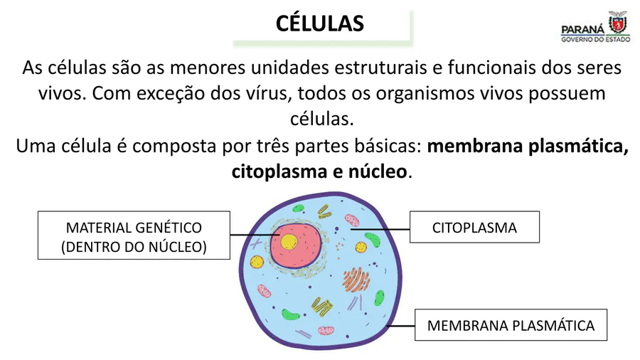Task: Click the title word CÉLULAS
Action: click(320, 23)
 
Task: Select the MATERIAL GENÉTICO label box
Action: click(134, 235)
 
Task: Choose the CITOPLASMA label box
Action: click(474, 228)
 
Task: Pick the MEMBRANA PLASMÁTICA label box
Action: click(511, 325)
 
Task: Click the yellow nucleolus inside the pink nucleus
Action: click(289, 241)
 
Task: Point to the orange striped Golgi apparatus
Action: click(355, 280)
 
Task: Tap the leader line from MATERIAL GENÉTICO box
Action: click(252, 235)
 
